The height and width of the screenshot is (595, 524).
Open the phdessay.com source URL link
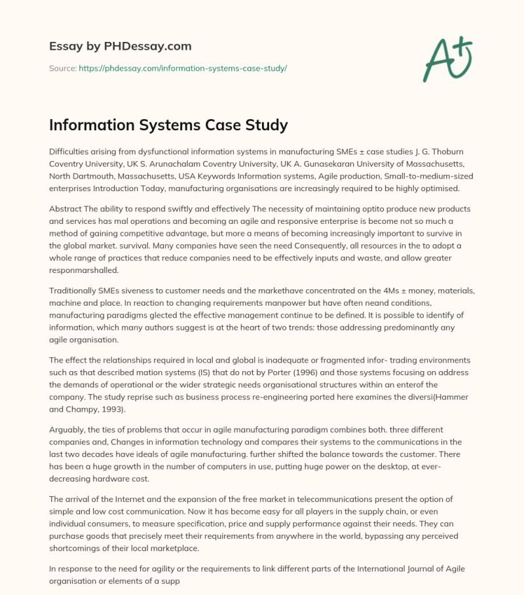click(183, 68)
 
